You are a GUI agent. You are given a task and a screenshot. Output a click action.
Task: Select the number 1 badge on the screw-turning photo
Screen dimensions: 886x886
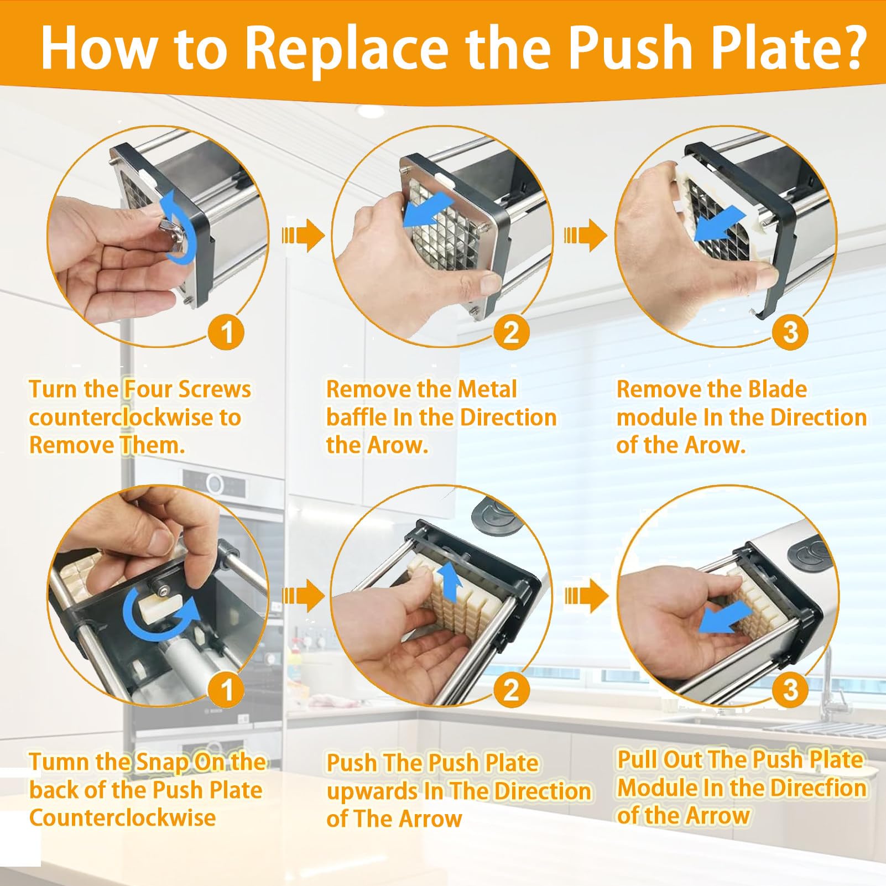(227, 332)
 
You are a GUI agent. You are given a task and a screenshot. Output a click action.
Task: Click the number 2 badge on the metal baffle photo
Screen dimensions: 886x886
(510, 332)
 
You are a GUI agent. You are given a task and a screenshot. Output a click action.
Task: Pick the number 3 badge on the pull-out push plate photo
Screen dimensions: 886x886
(791, 689)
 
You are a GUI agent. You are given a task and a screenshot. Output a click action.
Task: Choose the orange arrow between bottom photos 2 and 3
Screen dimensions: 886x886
(586, 596)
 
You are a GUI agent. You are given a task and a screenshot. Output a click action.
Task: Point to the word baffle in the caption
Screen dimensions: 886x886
(357, 417)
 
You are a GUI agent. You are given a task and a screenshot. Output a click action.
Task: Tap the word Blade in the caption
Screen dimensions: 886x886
(777, 389)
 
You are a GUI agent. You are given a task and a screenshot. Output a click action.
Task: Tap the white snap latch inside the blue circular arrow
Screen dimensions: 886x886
(159, 607)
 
